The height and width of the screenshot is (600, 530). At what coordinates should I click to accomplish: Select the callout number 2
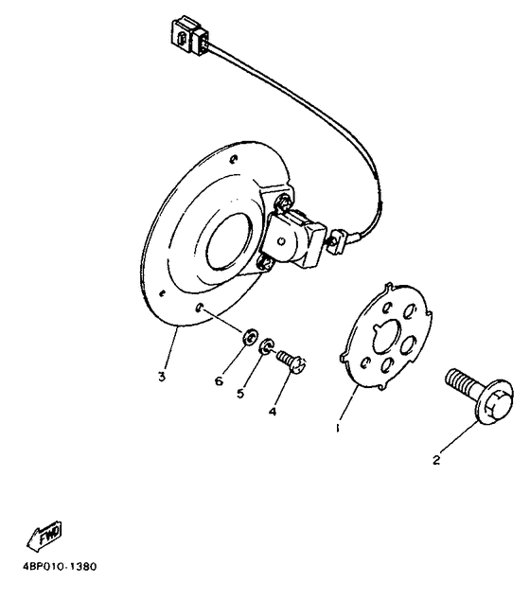click(x=435, y=461)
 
